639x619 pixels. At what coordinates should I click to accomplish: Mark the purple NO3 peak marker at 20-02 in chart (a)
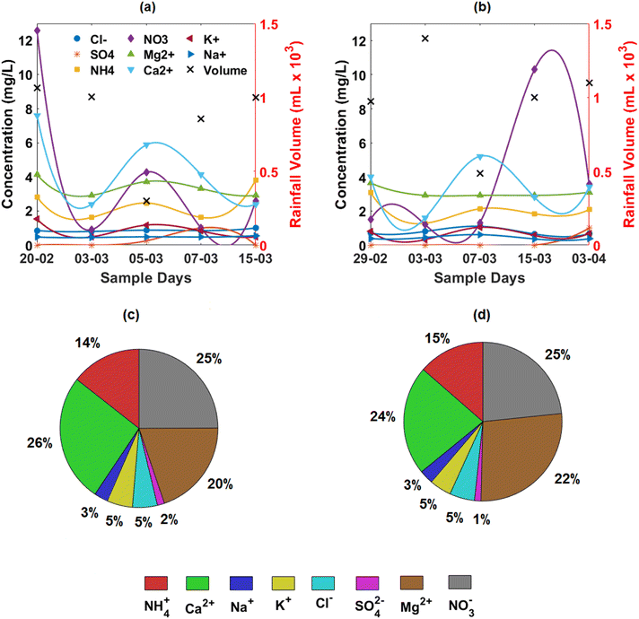[x=38, y=31]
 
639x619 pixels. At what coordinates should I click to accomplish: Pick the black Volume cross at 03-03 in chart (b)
[x=425, y=39]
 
